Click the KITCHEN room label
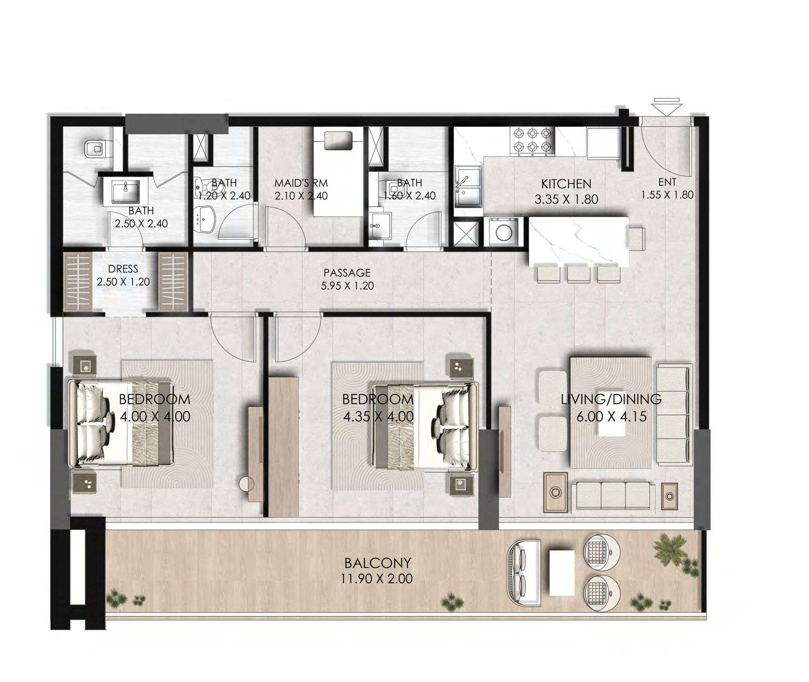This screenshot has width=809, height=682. coord(566,184)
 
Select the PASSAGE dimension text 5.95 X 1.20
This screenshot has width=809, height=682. coord(347,286)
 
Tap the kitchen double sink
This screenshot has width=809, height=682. coord(467,188)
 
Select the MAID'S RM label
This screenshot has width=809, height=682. coord(301,183)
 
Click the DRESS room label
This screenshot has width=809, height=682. coord(123,269)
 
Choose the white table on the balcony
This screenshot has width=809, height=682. coord(562,572)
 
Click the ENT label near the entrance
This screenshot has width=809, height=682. coord(667,182)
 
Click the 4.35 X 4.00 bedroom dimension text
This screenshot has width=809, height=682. coord(378,416)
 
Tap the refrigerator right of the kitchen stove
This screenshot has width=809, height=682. coord(603,142)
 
